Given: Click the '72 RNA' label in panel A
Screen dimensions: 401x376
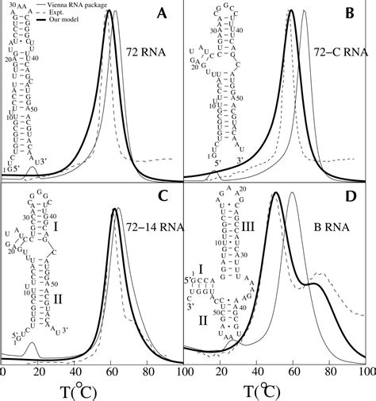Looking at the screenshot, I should pos(144,53).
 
